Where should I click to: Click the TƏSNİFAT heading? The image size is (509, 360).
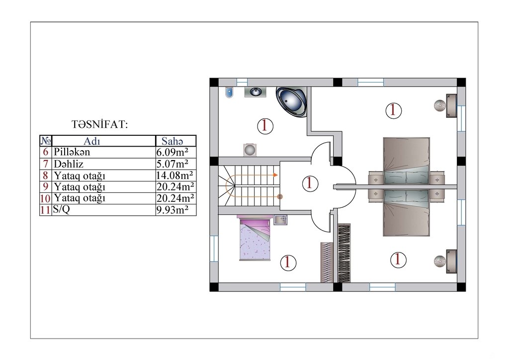pyautogui.click(x=99, y=124)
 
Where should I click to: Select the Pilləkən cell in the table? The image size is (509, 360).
pyautogui.click(x=72, y=152)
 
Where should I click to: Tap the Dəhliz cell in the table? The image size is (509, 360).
pyautogui.click(x=69, y=164)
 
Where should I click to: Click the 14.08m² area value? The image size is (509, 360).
pyautogui.click(x=174, y=176)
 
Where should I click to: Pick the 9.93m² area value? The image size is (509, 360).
pyautogui.click(x=172, y=210)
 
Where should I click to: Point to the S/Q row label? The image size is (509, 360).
pyautogui.click(x=61, y=209)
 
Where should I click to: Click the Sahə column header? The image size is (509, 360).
pyautogui.click(x=172, y=141)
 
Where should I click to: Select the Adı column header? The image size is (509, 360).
pyautogui.click(x=92, y=141)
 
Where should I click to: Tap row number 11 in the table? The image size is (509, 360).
pyautogui.click(x=45, y=210)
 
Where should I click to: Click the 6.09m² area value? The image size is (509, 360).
pyautogui.click(x=172, y=152)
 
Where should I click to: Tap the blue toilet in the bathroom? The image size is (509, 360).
pyautogui.click(x=229, y=92)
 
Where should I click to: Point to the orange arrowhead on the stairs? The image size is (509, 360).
pyautogui.click(x=275, y=175)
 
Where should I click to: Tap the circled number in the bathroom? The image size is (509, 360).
pyautogui.click(x=265, y=126)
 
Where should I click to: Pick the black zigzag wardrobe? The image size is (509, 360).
pyautogui.click(x=344, y=253)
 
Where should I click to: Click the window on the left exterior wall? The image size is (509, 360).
pyautogui.click(x=214, y=248)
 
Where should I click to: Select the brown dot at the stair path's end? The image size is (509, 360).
pyautogui.click(x=280, y=196)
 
